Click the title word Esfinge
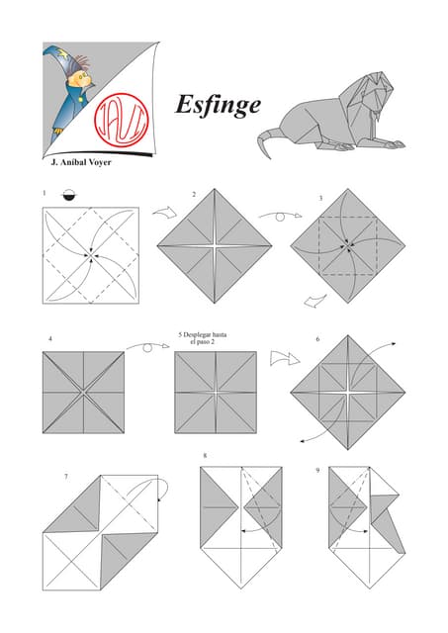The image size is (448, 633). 218,104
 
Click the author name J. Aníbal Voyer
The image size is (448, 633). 80,162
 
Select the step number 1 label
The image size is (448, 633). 45,193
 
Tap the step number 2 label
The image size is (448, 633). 194,194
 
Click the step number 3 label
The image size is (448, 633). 320,199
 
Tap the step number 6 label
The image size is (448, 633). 317,339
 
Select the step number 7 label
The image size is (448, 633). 65,477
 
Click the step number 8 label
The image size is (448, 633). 205,456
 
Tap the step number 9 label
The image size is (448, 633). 317,470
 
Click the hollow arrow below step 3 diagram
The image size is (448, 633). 314,299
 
